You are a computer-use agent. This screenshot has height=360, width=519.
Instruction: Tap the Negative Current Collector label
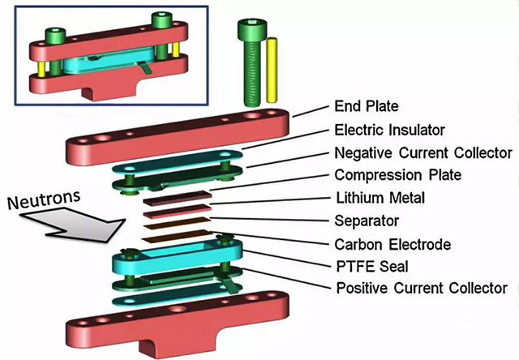[x=422, y=152]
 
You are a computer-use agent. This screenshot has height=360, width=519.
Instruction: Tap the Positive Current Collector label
[x=421, y=288]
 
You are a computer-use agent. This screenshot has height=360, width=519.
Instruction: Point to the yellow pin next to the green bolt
[x=273, y=69]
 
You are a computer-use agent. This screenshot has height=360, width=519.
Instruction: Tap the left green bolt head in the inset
[x=58, y=35]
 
